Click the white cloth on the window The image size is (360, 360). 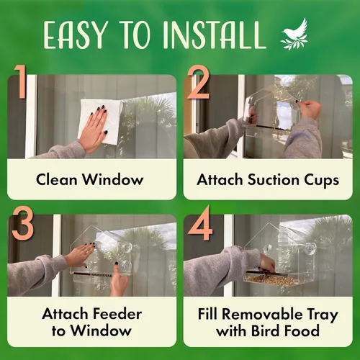click(x=101, y=119)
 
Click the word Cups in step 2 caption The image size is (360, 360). click(x=320, y=179)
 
